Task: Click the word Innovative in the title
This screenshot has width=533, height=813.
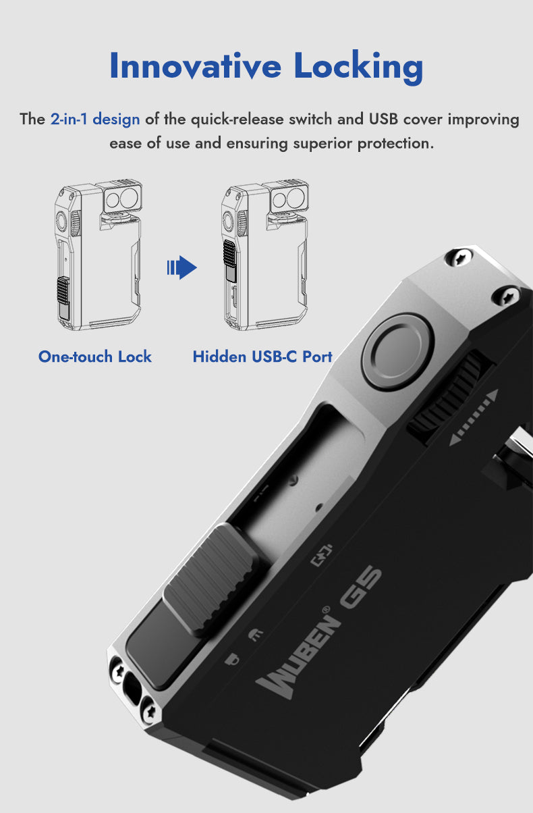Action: coord(196,65)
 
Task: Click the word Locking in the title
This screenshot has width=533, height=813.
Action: coord(359,67)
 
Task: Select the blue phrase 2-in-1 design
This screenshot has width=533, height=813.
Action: coord(95,120)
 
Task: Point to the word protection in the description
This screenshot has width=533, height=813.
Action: coord(395,144)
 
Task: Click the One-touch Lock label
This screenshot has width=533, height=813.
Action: coord(95,357)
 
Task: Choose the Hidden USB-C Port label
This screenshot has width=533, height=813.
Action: coord(262,357)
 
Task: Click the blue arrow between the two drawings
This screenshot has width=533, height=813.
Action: coord(181,267)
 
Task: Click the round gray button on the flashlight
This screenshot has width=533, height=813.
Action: coord(398,351)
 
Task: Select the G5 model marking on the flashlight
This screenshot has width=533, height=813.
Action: coord(360,587)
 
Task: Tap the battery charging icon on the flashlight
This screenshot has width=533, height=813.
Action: coord(322,554)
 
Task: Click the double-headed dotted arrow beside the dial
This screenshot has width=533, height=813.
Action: coord(474,417)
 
